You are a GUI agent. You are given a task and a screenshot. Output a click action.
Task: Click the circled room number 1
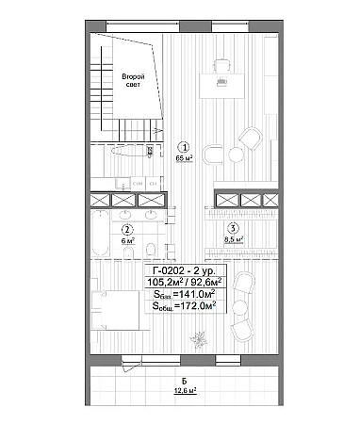(184, 147)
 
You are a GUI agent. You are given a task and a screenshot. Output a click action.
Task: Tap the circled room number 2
(127, 230)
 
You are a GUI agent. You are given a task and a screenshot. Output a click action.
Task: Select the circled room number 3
(233, 228)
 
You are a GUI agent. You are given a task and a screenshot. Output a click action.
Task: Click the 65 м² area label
(184, 158)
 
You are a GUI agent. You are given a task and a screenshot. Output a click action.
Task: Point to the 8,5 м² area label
(234, 239)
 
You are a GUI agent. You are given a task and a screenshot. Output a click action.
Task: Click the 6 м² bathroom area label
(128, 241)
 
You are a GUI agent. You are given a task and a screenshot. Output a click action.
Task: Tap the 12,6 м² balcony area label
(186, 391)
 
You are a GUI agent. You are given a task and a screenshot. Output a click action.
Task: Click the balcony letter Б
(185, 382)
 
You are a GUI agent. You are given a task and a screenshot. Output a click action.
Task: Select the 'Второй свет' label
(133, 80)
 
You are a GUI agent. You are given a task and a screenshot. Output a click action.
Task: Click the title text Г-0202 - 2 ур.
(184, 270)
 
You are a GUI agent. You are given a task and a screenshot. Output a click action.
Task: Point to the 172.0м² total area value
(197, 305)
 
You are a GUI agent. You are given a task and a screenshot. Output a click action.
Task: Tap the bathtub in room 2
(101, 234)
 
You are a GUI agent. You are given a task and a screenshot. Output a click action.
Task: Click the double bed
(115, 310)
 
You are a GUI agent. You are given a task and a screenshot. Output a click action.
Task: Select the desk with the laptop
(221, 86)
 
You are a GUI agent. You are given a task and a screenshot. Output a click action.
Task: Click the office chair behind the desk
(222, 66)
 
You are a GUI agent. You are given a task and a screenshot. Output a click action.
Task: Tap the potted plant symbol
(199, 339)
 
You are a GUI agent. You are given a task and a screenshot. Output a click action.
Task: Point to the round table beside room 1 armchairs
(236, 155)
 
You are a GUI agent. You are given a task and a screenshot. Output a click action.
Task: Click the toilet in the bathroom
(151, 250)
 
